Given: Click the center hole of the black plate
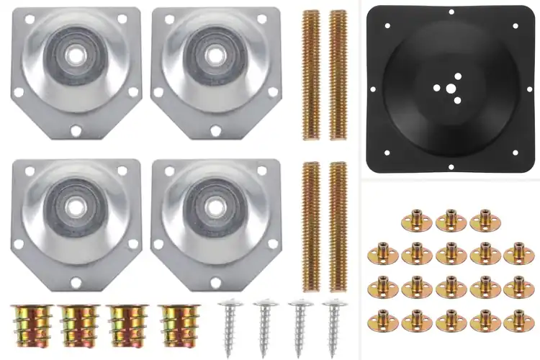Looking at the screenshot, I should click(450, 89).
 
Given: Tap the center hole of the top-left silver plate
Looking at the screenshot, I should click(74, 55).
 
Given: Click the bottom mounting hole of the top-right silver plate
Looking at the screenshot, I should click(215, 130).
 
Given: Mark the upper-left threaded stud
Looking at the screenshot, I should click(311, 74).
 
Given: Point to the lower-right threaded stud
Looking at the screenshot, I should click(338, 226).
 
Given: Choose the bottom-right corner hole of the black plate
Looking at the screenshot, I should click(515, 153).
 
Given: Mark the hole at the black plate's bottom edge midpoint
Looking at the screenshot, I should click(451, 166).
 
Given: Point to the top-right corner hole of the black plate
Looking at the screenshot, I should click(515, 25).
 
